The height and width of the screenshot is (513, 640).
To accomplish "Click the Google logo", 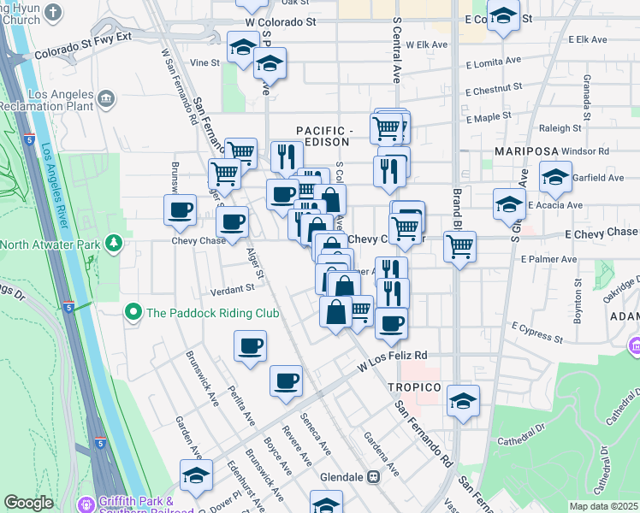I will pyautogui.click(x=28, y=503).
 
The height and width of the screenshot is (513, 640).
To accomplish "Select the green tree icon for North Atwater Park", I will pyautogui.click(x=113, y=245).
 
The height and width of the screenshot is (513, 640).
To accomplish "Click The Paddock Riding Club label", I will pyautogui.click(x=213, y=313).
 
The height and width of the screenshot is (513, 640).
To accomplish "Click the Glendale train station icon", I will pyautogui.click(x=373, y=477).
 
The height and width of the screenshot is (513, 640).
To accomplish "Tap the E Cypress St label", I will pyautogui.click(x=536, y=332).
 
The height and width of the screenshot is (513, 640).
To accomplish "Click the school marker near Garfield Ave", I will pyautogui.click(x=555, y=176).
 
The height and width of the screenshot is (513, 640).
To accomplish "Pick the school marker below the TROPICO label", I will pyautogui.click(x=463, y=400).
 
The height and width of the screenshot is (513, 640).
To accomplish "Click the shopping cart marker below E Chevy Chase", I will pyautogui.click(x=459, y=246).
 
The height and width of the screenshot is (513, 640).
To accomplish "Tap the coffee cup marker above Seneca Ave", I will pyautogui.click(x=286, y=380).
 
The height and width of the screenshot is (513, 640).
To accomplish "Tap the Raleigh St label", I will pyautogui.click(x=560, y=128).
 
